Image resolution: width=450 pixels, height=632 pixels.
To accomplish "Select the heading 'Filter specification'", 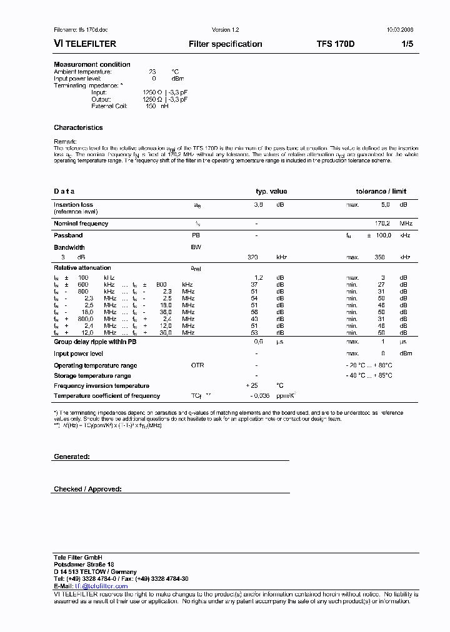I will click(225, 44).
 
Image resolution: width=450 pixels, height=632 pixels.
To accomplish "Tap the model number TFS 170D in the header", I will click(335, 44).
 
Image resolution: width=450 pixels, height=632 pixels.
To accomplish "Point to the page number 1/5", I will click(407, 44).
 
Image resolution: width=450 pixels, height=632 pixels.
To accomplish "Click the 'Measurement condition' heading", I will click(92, 65).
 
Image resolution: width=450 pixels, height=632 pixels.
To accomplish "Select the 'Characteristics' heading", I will click(78, 127).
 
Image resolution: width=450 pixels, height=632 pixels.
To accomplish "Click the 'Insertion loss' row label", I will click(73, 205).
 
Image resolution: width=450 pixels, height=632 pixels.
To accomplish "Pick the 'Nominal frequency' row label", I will click(81, 224).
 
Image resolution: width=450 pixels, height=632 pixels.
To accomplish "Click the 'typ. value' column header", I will click(271, 192).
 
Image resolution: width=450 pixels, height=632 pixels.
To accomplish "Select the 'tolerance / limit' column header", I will click(381, 192).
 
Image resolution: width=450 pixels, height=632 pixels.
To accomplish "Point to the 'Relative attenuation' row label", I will click(82, 267).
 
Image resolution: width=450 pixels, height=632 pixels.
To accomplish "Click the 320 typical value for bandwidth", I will click(252, 257).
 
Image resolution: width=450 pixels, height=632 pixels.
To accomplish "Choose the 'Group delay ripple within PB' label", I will click(95, 342).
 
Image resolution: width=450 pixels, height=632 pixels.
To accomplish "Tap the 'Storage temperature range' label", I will click(92, 376).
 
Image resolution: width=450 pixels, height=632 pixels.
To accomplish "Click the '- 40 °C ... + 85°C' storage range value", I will click(369, 376).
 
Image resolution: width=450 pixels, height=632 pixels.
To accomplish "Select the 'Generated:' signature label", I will click(72, 457).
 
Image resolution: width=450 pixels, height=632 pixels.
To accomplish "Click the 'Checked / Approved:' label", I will click(87, 490).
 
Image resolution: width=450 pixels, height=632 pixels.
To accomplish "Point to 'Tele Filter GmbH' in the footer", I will click(77, 557).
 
